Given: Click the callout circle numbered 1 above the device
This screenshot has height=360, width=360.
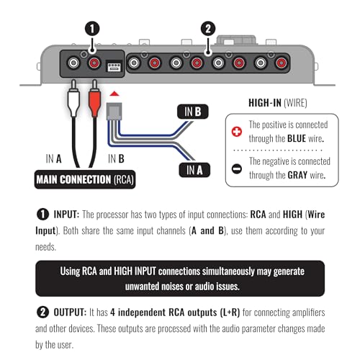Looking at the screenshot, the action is click(92, 29).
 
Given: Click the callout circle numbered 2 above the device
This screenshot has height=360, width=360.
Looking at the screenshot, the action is click(208, 29).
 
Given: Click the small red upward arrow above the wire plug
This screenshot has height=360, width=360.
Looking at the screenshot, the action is click(114, 94).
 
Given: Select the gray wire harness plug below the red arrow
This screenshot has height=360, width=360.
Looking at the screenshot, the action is click(114, 112).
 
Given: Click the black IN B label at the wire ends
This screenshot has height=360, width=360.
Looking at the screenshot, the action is click(193, 112).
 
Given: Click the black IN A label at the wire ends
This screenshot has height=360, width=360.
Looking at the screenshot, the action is click(194, 170).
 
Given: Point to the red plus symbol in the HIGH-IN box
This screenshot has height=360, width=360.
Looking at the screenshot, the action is click(237, 132).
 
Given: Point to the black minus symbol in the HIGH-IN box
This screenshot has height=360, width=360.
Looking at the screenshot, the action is click(237, 168).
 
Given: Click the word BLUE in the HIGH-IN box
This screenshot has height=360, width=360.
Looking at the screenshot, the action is click(297, 139).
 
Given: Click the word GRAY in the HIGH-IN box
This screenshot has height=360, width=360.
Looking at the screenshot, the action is click(297, 175).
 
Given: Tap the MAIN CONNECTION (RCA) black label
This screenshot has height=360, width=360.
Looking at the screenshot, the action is click(85, 179).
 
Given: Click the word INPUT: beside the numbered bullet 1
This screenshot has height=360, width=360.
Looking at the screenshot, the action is click(66, 215).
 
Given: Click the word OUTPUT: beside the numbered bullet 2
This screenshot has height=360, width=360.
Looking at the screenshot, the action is click(70, 312).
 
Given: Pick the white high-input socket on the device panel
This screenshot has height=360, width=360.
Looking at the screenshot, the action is click(114, 66).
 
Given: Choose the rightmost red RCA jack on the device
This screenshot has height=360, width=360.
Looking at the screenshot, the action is click(282, 63).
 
